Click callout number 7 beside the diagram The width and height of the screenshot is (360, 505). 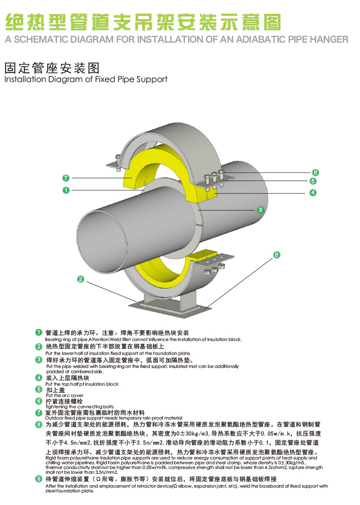[65, 178]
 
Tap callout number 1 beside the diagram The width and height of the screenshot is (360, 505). [65, 190]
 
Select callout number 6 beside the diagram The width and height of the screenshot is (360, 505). [316, 172]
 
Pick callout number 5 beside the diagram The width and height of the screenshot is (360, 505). [313, 181]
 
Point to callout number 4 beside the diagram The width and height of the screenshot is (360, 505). [313, 193]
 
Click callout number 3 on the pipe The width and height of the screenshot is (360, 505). [261, 210]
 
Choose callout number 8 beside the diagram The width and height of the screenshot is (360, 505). [277, 255]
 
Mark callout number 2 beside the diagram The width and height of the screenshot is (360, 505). [81, 279]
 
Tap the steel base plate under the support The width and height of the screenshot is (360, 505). [174, 307]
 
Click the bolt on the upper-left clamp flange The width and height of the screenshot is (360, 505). [118, 160]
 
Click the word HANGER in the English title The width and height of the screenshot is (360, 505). [329, 39]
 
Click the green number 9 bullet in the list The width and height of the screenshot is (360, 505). [39, 479]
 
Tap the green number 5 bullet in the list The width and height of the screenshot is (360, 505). [39, 389]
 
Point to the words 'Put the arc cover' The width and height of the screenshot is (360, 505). [65, 395]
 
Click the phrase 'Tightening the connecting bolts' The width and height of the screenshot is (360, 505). [79, 407]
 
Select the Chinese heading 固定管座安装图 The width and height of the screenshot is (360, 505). [52, 68]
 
